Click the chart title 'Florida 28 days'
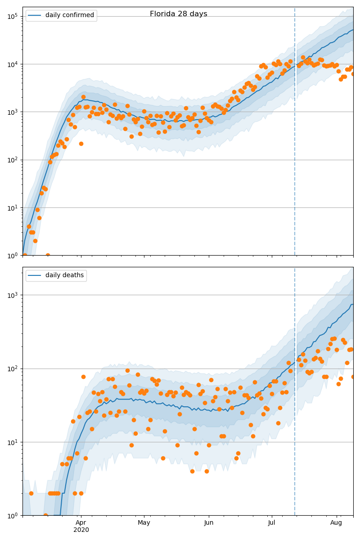click(x=179, y=14)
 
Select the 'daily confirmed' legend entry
click(x=69, y=15)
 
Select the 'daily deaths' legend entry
click(x=64, y=275)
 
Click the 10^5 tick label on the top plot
click(x=12, y=16)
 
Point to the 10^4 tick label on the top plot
click(x=12, y=64)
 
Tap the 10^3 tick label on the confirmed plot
click(x=12, y=112)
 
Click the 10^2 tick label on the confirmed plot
click(x=12, y=160)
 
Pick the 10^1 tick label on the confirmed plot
click(x=12, y=207)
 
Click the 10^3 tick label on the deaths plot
click(x=12, y=295)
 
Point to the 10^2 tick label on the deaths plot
click(x=12, y=369)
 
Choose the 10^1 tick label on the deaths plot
click(x=12, y=442)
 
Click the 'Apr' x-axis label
click(x=81, y=522)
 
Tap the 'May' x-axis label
click(x=144, y=522)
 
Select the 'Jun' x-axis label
click(x=209, y=522)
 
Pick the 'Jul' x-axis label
click(x=272, y=522)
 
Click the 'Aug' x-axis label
click(x=336, y=522)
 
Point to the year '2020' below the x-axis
click(x=81, y=530)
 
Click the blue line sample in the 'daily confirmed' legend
click(x=35, y=15)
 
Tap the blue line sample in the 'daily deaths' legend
click(x=35, y=275)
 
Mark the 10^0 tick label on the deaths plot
click(x=12, y=515)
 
